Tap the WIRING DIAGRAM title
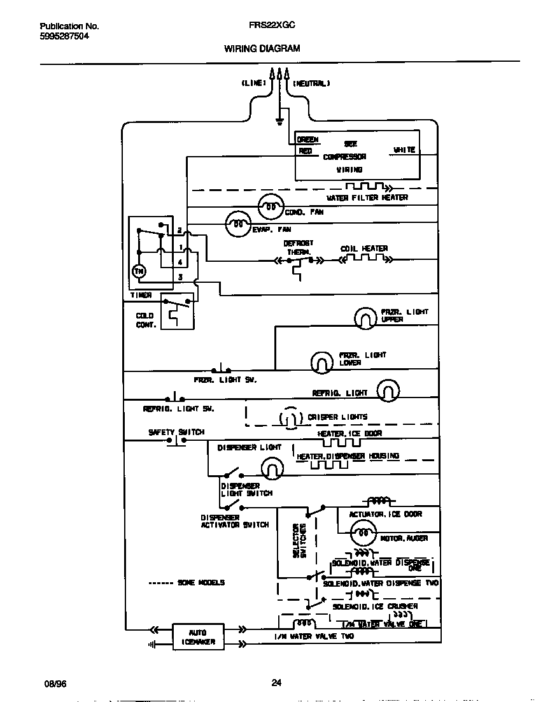click(x=262, y=48)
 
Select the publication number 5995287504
click(x=64, y=36)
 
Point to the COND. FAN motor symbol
click(x=270, y=207)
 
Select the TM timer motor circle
click(x=139, y=271)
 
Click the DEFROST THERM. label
click(x=298, y=248)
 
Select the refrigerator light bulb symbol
click(x=388, y=390)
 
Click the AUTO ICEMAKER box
click(x=198, y=637)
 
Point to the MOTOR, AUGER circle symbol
click(x=362, y=533)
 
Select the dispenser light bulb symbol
click(x=272, y=469)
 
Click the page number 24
click(x=276, y=684)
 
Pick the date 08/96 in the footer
click(x=55, y=684)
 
